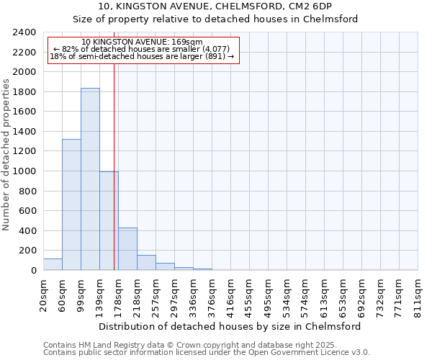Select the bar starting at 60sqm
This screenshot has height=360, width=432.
tap(71, 204)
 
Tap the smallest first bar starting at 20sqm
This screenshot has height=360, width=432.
tap(53, 264)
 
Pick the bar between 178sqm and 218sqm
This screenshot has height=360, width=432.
tap(127, 249)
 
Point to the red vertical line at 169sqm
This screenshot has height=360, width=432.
tap(114, 166)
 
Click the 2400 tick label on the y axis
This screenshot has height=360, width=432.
tap(24, 32)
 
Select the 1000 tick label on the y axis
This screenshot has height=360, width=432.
tap(24, 171)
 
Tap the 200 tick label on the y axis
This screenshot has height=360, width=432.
tap(27, 251)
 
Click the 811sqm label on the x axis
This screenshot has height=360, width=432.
tap(418, 296)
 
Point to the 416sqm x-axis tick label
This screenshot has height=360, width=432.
tap(230, 296)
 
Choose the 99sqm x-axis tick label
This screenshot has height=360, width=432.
tap(81, 294)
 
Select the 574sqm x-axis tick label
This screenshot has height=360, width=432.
tap(305, 296)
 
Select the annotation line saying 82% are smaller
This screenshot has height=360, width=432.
tap(142, 49)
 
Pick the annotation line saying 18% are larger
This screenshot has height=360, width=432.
tap(142, 56)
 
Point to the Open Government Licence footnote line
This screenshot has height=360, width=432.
tap(207, 352)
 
